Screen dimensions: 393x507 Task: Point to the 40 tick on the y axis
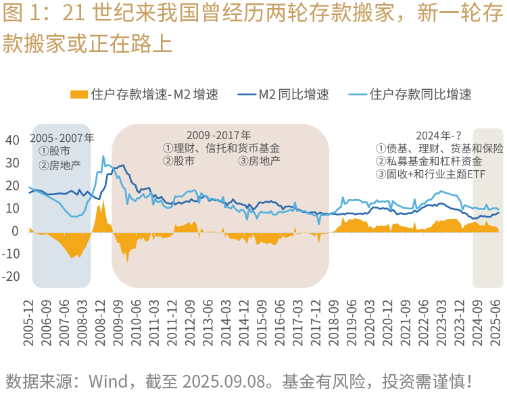[x=13, y=140]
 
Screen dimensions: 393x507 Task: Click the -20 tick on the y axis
[x=11, y=277]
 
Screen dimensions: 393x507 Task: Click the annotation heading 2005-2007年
[x=62, y=138]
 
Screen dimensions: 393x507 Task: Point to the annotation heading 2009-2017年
[x=218, y=135]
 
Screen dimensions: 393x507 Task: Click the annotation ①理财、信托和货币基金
[x=221, y=148]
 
